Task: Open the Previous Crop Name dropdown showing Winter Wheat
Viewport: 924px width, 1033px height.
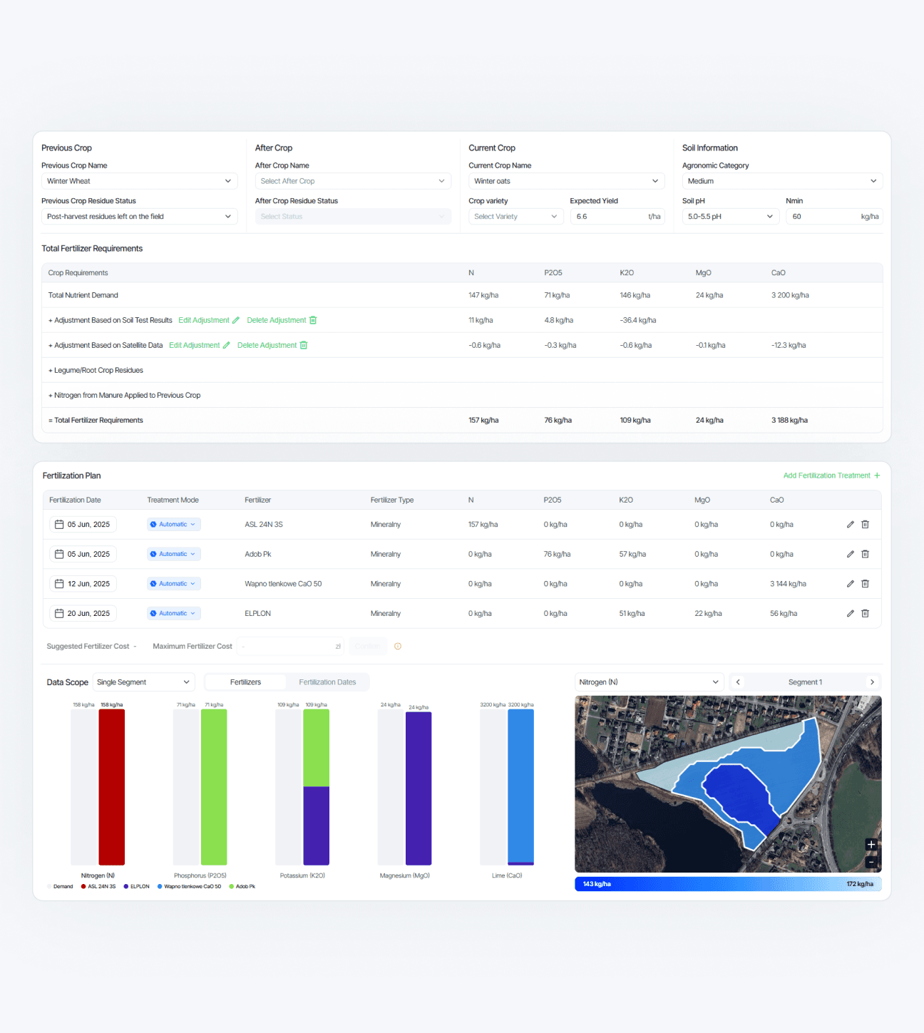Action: pyautogui.click(x=139, y=181)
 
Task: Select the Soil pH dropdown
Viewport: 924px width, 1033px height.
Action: pyautogui.click(x=730, y=217)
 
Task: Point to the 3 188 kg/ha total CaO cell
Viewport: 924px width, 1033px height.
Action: pyautogui.click(x=789, y=421)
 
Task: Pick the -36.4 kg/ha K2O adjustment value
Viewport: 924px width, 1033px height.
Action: pyautogui.click(x=638, y=320)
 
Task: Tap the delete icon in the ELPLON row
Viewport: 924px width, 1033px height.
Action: pyautogui.click(x=865, y=613)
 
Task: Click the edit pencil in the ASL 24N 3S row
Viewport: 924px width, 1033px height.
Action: pyautogui.click(x=850, y=525)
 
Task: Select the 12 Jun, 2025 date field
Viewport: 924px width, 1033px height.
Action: pyautogui.click(x=83, y=584)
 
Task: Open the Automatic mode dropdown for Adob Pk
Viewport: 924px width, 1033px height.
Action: pyautogui.click(x=174, y=554)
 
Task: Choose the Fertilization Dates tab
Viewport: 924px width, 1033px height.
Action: pyautogui.click(x=327, y=682)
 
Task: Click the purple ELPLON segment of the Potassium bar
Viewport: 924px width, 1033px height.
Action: pyautogui.click(x=317, y=826)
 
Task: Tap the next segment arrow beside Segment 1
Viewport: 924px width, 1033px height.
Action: pyautogui.click(x=872, y=682)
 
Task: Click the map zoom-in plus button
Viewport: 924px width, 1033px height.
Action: pyautogui.click(x=871, y=845)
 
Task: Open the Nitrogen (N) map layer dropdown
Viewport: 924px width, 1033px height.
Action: pyautogui.click(x=649, y=682)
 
